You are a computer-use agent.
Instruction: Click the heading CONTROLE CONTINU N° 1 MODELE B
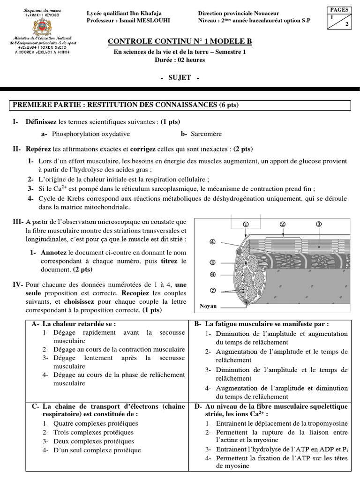pyautogui.click(x=180, y=42)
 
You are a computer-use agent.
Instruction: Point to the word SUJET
pyautogui.click(x=180, y=77)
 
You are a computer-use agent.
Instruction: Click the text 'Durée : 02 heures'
pyautogui.click(x=180, y=60)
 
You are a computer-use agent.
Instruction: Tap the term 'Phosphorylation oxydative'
pyautogui.click(x=91, y=134)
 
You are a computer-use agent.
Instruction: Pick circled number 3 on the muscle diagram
pyautogui.click(x=319, y=224)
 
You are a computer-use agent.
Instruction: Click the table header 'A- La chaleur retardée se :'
pyautogui.click(x=74, y=323)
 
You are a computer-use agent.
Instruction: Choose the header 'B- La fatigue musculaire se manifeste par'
pyautogui.click(x=262, y=323)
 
